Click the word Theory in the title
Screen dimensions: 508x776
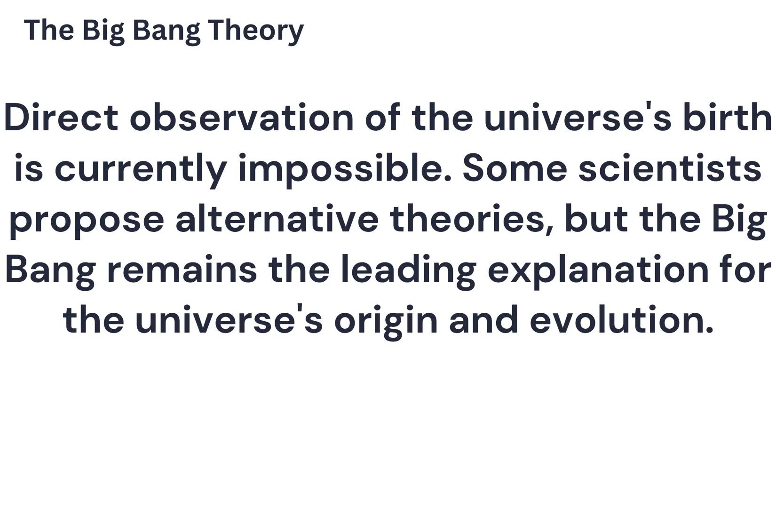[x=256, y=31]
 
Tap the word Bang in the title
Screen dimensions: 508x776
[x=166, y=31]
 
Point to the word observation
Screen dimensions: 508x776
[x=241, y=118]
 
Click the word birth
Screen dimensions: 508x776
[x=727, y=118]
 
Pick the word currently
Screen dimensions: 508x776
[x=141, y=168]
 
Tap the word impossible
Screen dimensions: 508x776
[x=345, y=168]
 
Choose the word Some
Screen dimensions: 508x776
[x=515, y=168]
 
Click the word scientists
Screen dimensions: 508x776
[x=670, y=168]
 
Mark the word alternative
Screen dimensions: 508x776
[x=277, y=219]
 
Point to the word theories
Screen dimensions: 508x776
[x=470, y=219]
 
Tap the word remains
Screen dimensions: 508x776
[x=182, y=270]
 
